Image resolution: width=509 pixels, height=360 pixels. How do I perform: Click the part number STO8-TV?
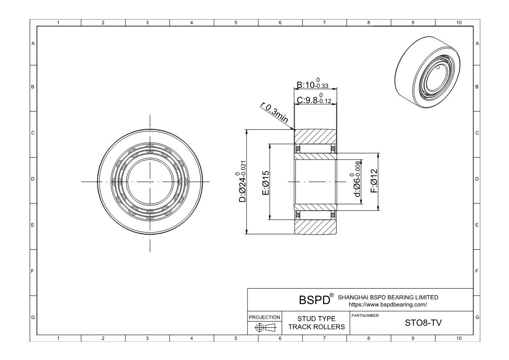point(423,323)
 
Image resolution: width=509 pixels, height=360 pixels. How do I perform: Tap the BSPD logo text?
point(314,300)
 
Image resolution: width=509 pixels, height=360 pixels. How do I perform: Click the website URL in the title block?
point(388,305)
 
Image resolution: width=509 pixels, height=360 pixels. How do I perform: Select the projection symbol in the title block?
point(264,327)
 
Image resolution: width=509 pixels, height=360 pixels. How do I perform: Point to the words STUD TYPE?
point(317,319)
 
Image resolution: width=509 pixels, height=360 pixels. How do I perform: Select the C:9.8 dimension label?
point(314,99)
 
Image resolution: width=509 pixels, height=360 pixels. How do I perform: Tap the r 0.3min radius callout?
point(275,113)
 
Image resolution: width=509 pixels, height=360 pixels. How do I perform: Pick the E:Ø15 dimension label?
point(265,183)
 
